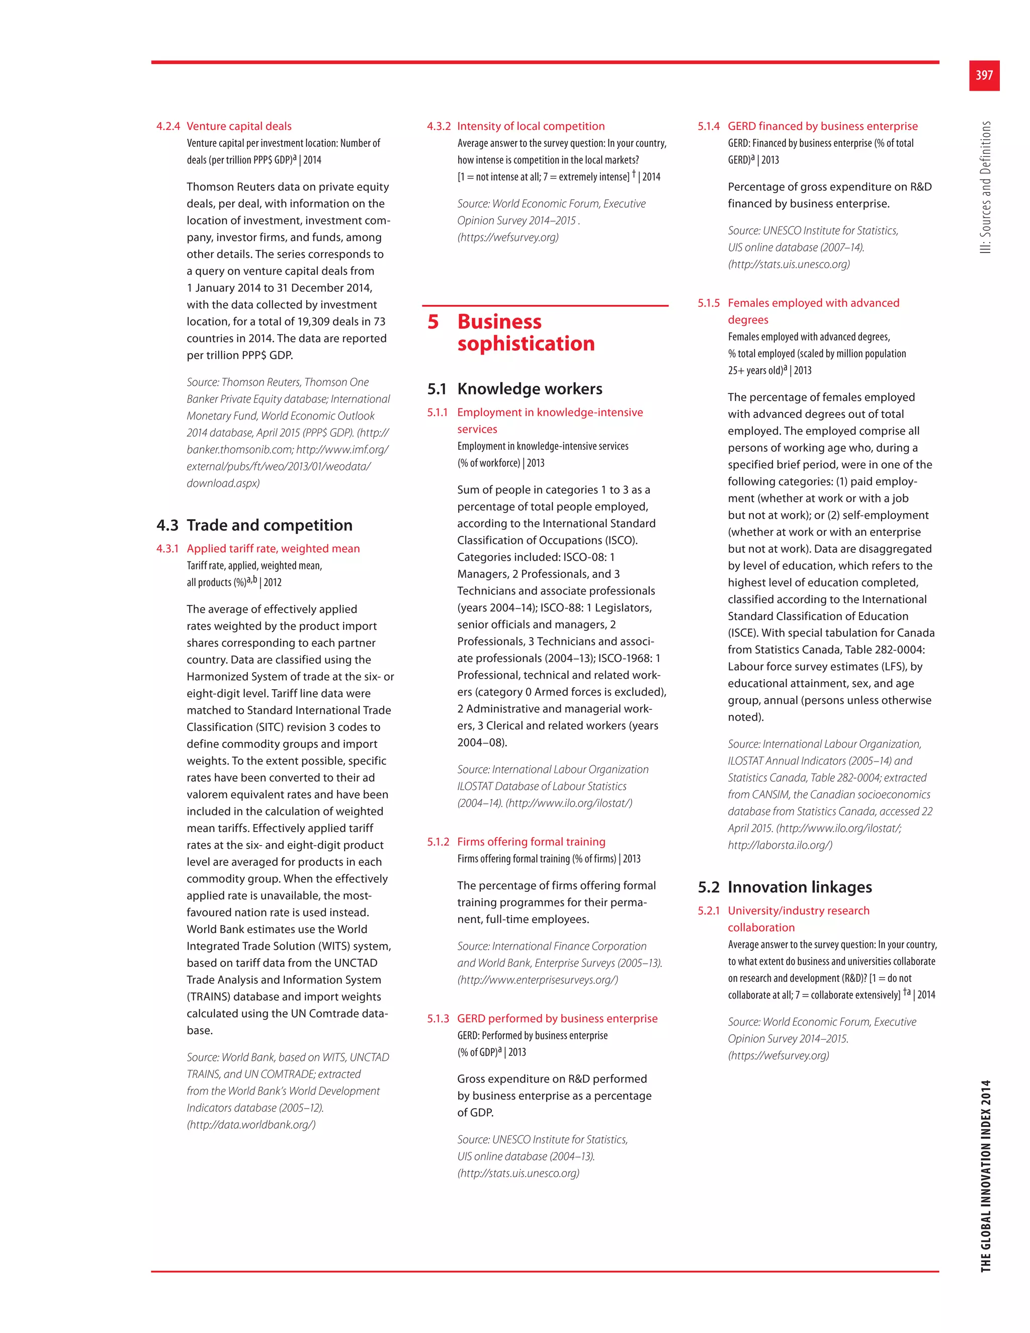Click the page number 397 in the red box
coord(984,75)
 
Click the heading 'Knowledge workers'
coord(530,389)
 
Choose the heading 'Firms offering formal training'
coord(531,842)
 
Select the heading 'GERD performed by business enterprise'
coord(557,1018)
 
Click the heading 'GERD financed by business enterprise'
coord(822,126)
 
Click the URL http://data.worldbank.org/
coord(251,1124)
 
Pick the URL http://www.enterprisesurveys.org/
coord(538,979)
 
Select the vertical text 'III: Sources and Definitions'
coord(985,188)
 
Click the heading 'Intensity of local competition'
coord(531,126)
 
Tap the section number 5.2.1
coord(709,910)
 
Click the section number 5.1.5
coord(709,303)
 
